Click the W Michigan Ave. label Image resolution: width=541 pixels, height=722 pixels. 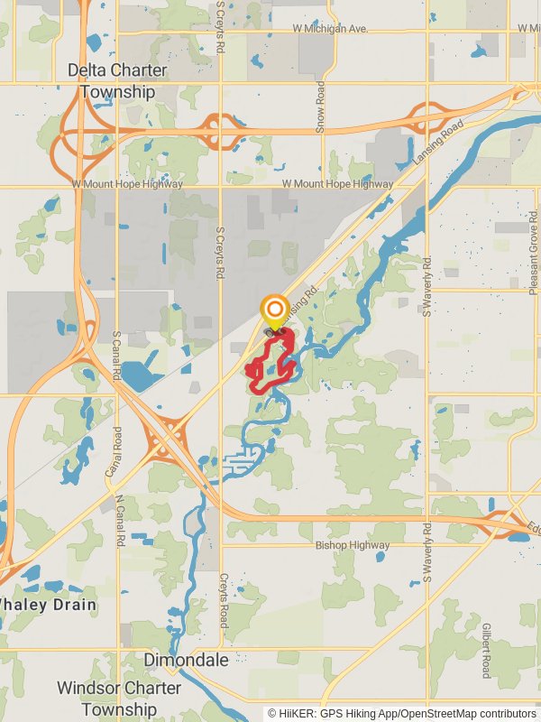(x=330, y=29)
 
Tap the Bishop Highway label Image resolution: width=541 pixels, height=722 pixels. (x=353, y=545)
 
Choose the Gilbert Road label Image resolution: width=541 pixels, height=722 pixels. (x=485, y=650)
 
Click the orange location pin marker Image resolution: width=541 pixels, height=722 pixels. (x=275, y=311)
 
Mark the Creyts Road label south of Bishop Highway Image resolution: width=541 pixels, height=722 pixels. (x=223, y=604)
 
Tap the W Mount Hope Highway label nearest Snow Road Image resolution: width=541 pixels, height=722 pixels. (x=337, y=183)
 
